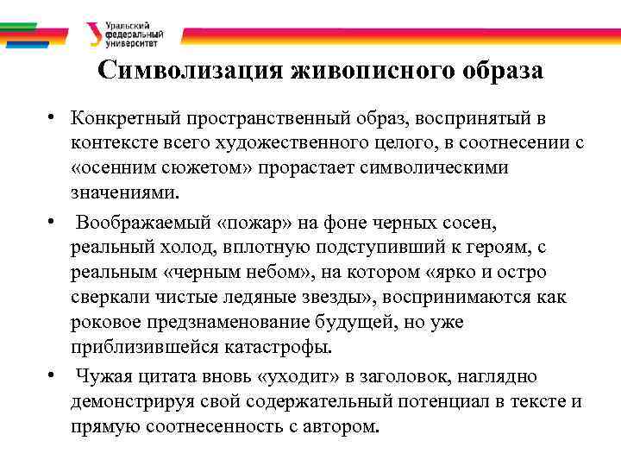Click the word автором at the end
tap(341, 425)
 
